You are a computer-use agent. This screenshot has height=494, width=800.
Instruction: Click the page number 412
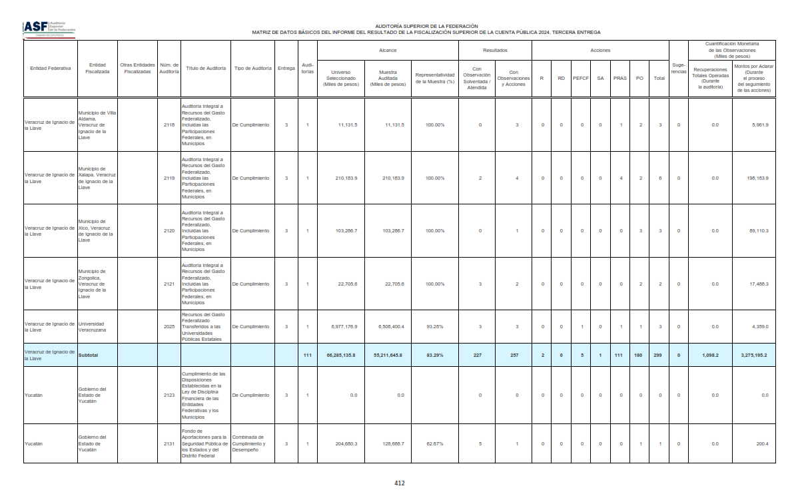[x=400, y=483]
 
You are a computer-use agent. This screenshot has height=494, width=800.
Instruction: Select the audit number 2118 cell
[x=169, y=125]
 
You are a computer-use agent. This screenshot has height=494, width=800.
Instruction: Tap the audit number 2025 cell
[x=169, y=327]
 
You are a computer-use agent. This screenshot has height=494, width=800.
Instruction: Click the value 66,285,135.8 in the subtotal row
[x=341, y=356]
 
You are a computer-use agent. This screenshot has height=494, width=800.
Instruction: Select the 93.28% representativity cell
[x=434, y=327]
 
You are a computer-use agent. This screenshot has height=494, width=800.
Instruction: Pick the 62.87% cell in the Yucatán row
[x=434, y=443]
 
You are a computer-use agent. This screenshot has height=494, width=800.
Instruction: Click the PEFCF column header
[x=581, y=79]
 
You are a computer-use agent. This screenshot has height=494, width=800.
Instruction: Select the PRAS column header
[x=620, y=79]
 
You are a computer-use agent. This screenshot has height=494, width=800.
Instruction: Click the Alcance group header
[x=388, y=51]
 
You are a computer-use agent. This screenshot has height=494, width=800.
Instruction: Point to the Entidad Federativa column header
[x=51, y=69]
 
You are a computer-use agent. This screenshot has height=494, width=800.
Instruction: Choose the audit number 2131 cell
[x=169, y=443]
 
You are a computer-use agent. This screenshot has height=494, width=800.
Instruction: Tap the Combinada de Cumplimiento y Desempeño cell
[x=252, y=443]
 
